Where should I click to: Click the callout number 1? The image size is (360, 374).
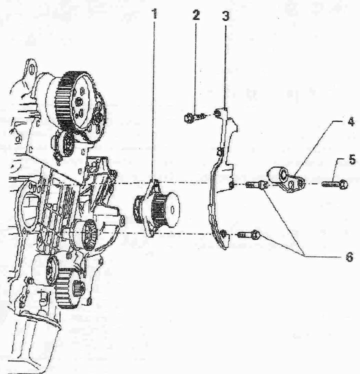click(155, 14)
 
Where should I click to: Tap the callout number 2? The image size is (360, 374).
click(196, 15)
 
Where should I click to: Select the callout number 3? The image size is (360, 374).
click(225, 15)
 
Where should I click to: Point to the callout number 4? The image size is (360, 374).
click(350, 122)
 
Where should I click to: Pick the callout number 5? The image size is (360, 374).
click(352, 159)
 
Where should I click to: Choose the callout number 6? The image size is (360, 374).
click(349, 257)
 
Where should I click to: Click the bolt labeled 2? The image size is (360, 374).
click(193, 117)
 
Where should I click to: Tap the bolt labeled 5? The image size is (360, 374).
click(334, 184)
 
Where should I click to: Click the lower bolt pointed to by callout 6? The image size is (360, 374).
click(249, 235)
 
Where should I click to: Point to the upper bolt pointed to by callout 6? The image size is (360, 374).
click(256, 184)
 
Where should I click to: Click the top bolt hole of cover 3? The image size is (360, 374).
click(217, 113)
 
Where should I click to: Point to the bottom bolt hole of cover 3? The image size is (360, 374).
click(223, 233)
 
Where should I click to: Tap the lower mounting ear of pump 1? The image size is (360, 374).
click(151, 234)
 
